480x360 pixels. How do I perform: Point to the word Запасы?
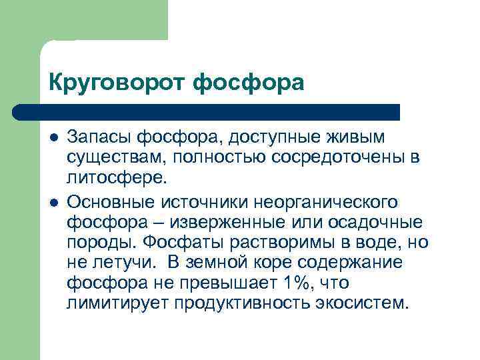99,137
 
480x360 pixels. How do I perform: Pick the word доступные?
277,137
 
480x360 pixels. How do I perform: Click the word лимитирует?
118,303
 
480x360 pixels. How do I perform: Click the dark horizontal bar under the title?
207,111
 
